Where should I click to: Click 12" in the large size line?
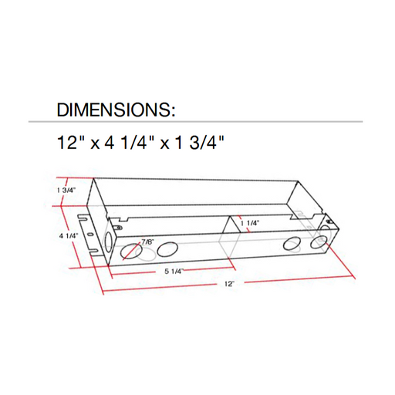coord(68,143)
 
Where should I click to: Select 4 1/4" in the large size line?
coord(128,143)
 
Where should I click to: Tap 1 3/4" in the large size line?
coord(199,143)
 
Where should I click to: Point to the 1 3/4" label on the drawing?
coord(66,191)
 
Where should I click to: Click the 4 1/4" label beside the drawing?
coord(69,235)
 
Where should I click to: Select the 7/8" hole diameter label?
coord(147,241)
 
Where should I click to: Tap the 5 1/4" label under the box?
coord(174,272)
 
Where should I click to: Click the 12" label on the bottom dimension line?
coord(230,284)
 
